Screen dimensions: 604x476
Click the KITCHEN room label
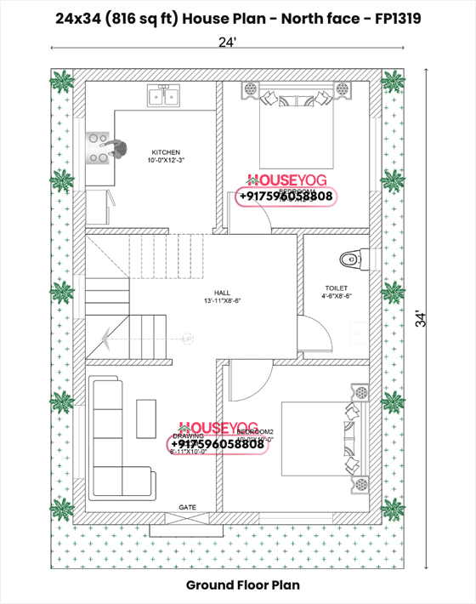click(x=166, y=152)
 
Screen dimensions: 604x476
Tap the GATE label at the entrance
click(x=187, y=508)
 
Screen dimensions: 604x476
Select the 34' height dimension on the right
click(x=439, y=319)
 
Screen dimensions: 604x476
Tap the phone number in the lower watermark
click(x=218, y=444)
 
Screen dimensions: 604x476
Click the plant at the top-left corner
click(x=62, y=83)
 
